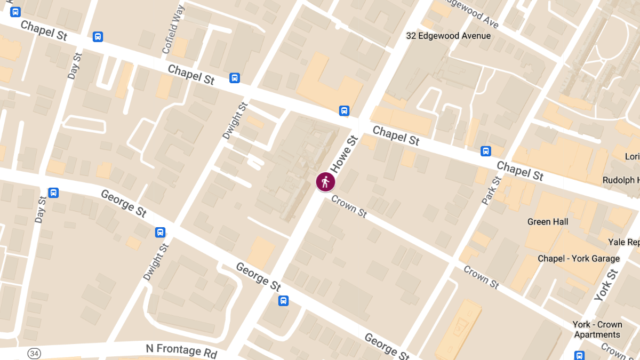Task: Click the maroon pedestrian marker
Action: coord(325,182)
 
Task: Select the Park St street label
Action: coord(491,190)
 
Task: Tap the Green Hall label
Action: coord(547,221)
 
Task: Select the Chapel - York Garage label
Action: coord(579,259)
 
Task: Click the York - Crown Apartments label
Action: coord(597,329)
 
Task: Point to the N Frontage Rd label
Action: coord(181,351)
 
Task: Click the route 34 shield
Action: coord(34,354)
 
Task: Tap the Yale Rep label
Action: coord(623,242)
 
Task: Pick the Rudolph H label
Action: coord(621,180)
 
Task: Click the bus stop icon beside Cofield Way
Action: coord(98,36)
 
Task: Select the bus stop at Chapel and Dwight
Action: coord(234,78)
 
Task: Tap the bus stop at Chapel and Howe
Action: coord(344,110)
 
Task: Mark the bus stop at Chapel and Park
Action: coord(486,151)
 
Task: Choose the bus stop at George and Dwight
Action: coord(160,233)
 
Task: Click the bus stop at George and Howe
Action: coord(283,301)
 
